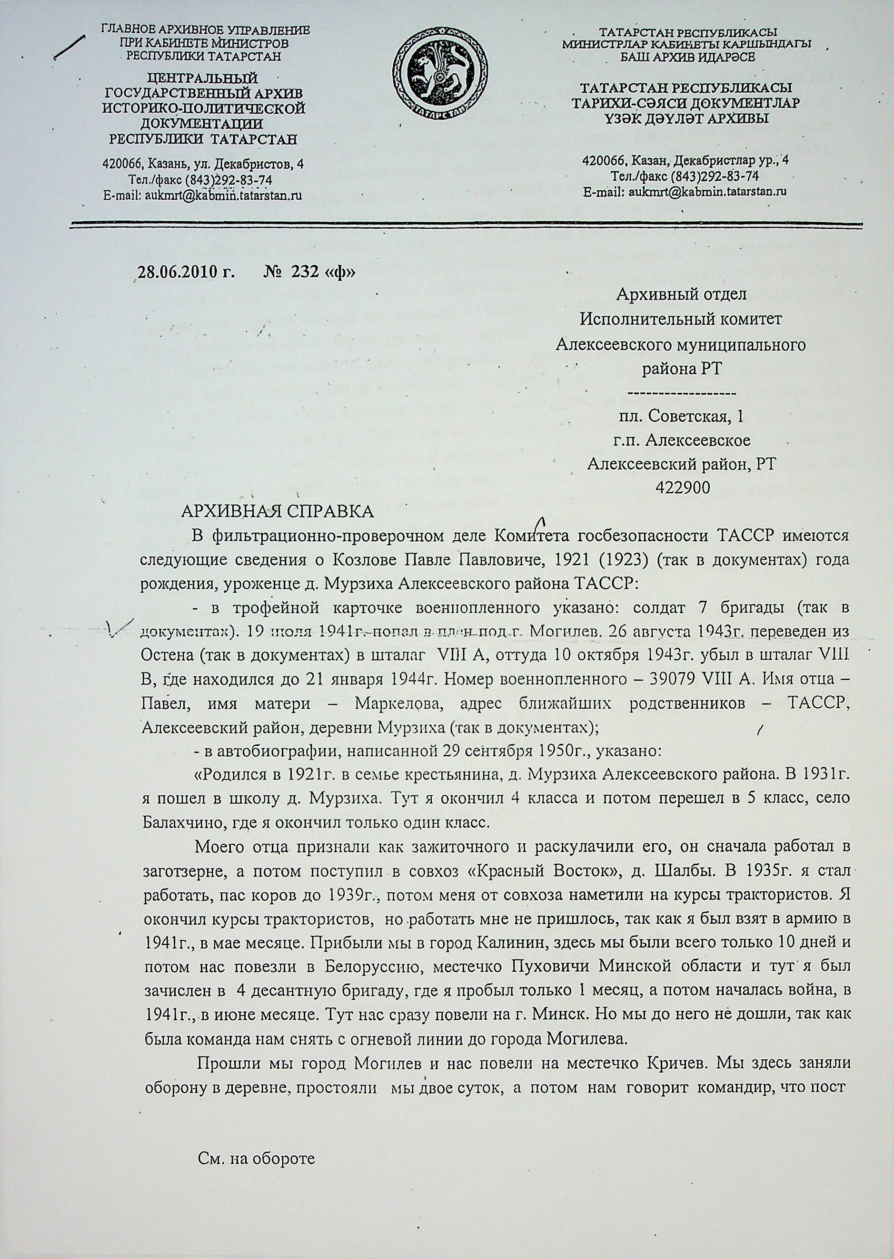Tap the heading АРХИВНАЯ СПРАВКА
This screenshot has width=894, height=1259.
pos(277,511)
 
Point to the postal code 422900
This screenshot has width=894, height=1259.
pos(682,488)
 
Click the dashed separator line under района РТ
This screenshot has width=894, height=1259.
pos(682,394)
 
